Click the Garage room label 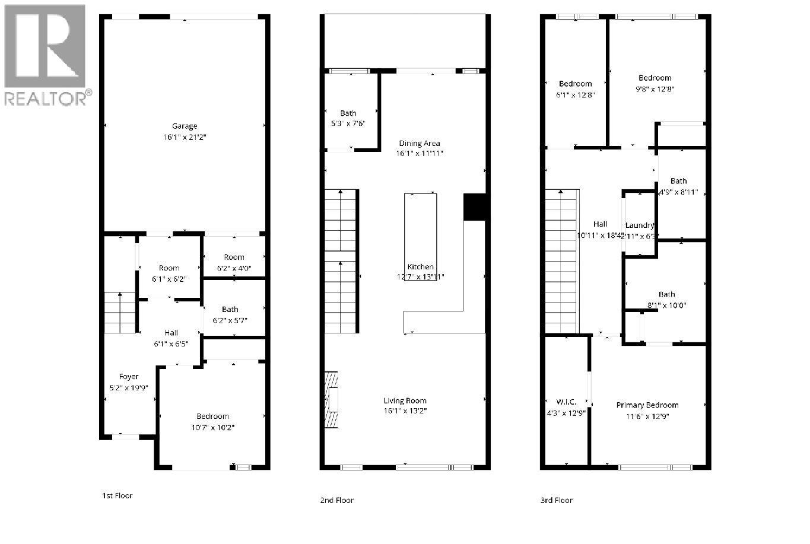pyautogui.click(x=185, y=126)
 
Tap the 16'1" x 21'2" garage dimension pyautogui.click(x=185, y=137)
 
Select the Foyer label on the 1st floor pyautogui.click(x=129, y=377)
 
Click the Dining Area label pyautogui.click(x=420, y=143)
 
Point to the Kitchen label pyautogui.click(x=420, y=267)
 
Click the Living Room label pyautogui.click(x=405, y=400)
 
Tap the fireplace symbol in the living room pyautogui.click(x=331, y=399)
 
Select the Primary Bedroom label pyautogui.click(x=647, y=405)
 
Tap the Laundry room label pyautogui.click(x=640, y=225)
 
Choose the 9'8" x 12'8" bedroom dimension pyautogui.click(x=656, y=89)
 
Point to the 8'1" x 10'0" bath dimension pyautogui.click(x=666, y=305)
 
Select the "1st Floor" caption pyautogui.click(x=117, y=495)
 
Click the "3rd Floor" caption pyautogui.click(x=556, y=500)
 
